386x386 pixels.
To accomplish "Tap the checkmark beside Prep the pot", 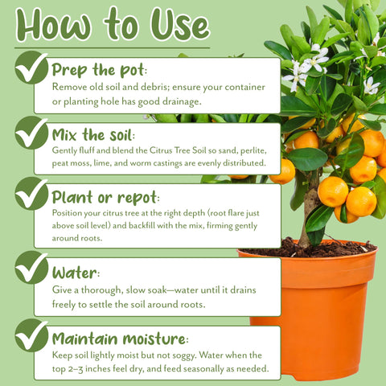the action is click(x=31, y=68).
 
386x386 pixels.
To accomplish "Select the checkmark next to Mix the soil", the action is click(x=31, y=133).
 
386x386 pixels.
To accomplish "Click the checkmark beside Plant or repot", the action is click(x=31, y=193).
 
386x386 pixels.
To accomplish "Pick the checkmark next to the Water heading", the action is click(x=31, y=268).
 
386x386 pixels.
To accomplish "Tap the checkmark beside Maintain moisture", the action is click(x=31, y=335).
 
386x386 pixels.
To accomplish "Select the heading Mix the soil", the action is click(x=93, y=134).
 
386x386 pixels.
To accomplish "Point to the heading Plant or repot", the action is click(x=105, y=198).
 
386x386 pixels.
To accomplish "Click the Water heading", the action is click(x=76, y=273).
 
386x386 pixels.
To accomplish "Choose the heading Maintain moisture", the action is click(x=121, y=339).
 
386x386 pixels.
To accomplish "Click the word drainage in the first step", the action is click(x=182, y=101).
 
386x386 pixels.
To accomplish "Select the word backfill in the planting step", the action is click(x=142, y=225).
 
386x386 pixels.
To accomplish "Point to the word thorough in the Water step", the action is click(x=101, y=290).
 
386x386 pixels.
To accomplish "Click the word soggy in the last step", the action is click(x=184, y=355).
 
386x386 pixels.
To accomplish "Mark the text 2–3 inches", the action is click(x=89, y=369).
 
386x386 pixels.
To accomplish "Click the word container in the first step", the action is click(x=244, y=87).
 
